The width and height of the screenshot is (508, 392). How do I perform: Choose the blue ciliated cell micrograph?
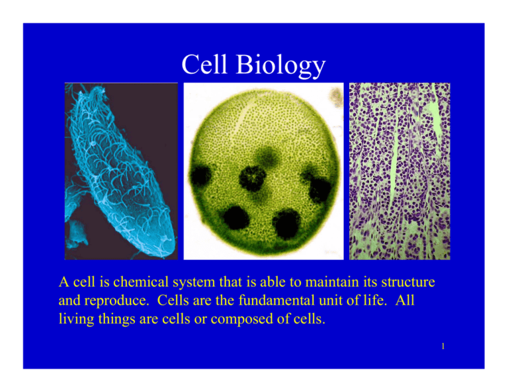pyautogui.click(x=121, y=171)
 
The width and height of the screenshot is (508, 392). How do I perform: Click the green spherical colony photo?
pyautogui.click(x=263, y=171)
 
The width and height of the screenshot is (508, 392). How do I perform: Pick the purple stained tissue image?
pyautogui.click(x=399, y=171)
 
